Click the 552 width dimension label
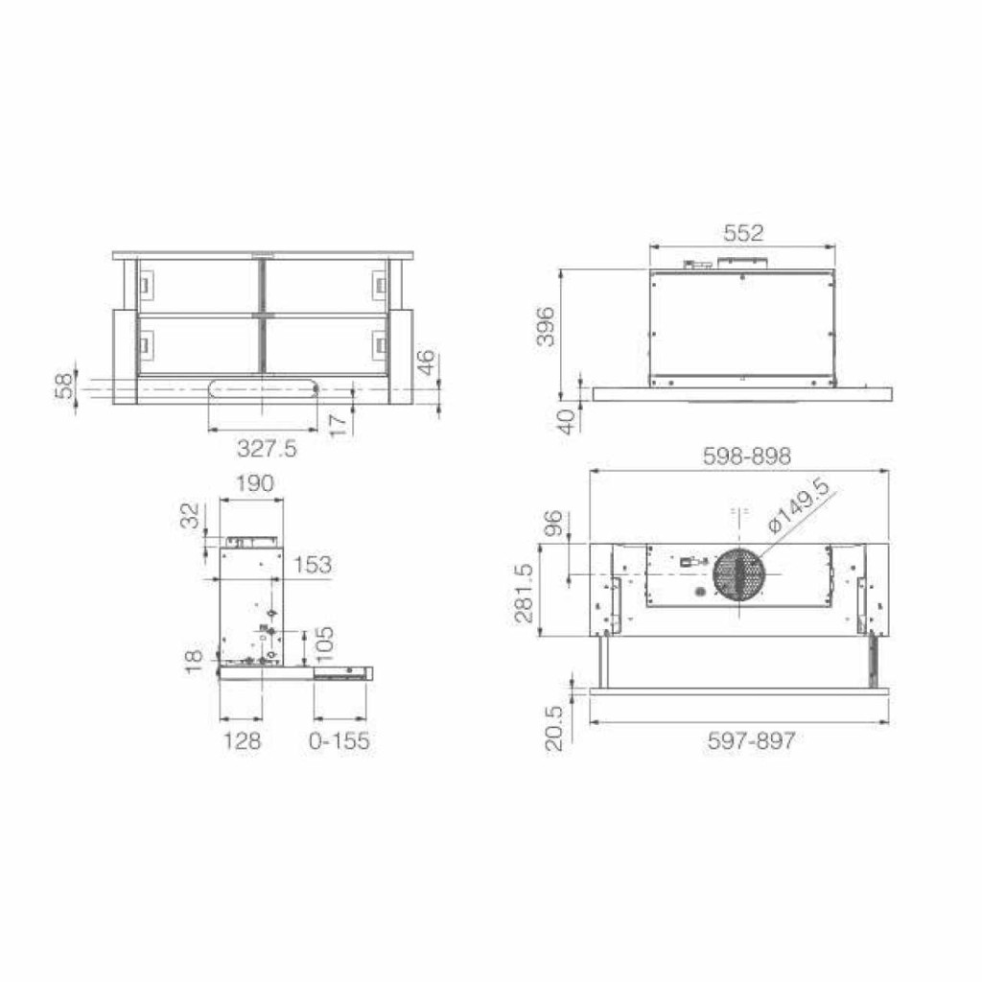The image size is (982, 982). coord(743,233)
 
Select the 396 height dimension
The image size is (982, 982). coord(546,326)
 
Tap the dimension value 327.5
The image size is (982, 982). coord(267,449)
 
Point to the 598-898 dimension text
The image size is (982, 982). coord(746,456)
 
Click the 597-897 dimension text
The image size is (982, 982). coord(752,741)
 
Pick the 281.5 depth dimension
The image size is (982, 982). coord(524,593)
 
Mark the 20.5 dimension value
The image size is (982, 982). coord(555,729)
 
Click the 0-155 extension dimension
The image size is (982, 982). coord(339,741)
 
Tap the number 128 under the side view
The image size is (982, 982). coord(243,741)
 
